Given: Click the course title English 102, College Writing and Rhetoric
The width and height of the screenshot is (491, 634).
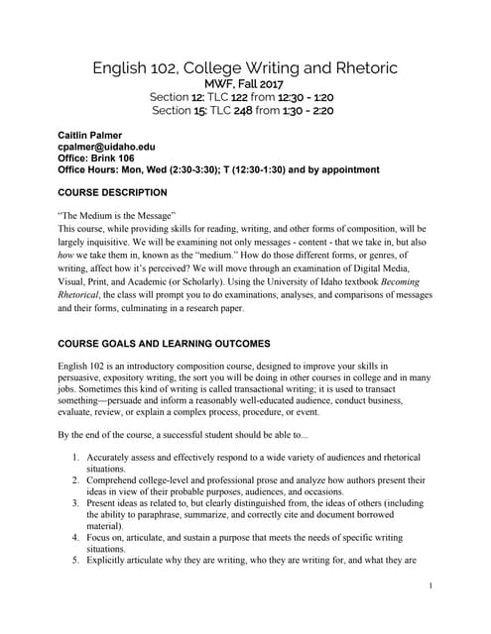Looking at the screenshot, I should (x=245, y=67).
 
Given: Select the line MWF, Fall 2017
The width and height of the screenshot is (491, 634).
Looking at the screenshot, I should (x=245, y=84).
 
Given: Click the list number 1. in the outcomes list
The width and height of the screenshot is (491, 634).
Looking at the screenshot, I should (x=75, y=458).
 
